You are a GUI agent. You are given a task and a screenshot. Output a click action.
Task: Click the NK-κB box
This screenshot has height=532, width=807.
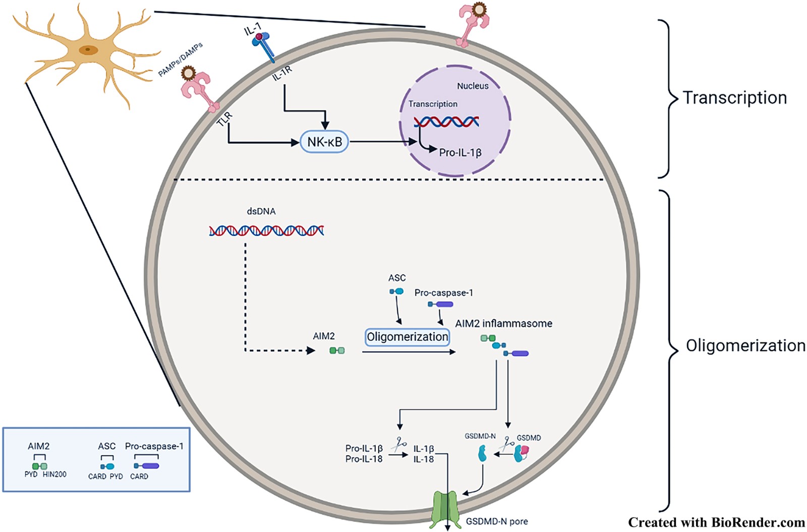pyautogui.click(x=324, y=142)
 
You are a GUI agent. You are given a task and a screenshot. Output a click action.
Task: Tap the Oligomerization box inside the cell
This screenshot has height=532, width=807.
pyautogui.click(x=407, y=337)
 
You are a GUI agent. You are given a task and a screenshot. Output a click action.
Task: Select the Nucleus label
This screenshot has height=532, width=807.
pyautogui.click(x=473, y=86)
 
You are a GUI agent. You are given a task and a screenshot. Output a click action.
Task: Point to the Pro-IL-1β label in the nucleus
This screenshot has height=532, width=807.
pyautogui.click(x=460, y=152)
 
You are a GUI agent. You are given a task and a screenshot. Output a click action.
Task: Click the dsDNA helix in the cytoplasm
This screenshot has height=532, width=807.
pyautogui.click(x=266, y=231)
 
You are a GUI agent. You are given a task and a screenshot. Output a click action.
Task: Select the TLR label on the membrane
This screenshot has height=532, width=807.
pyautogui.click(x=225, y=119)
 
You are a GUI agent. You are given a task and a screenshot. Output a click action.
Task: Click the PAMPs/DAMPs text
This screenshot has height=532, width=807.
pyautogui.click(x=181, y=60)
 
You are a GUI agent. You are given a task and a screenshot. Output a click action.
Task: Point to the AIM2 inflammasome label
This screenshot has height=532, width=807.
pyautogui.click(x=503, y=324)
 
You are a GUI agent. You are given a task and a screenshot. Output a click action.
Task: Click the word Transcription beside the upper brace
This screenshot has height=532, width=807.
pyautogui.click(x=734, y=97)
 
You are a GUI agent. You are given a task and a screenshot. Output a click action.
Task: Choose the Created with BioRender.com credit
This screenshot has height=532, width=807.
pyautogui.click(x=716, y=522)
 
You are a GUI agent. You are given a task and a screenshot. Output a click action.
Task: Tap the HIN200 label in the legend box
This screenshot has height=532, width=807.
pyautogui.click(x=54, y=474)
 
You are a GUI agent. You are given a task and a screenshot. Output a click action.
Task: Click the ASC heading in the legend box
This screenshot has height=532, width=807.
pyautogui.click(x=106, y=446)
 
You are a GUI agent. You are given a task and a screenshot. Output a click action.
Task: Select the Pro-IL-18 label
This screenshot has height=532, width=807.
pyautogui.click(x=364, y=459)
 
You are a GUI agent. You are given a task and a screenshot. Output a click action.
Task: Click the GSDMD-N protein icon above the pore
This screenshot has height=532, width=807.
pyautogui.click(x=482, y=454)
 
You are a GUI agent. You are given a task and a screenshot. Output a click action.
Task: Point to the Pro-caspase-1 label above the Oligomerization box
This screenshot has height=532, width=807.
pyautogui.click(x=443, y=293)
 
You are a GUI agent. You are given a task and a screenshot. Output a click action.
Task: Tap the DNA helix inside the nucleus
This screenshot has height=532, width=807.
pyautogui.click(x=446, y=122)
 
